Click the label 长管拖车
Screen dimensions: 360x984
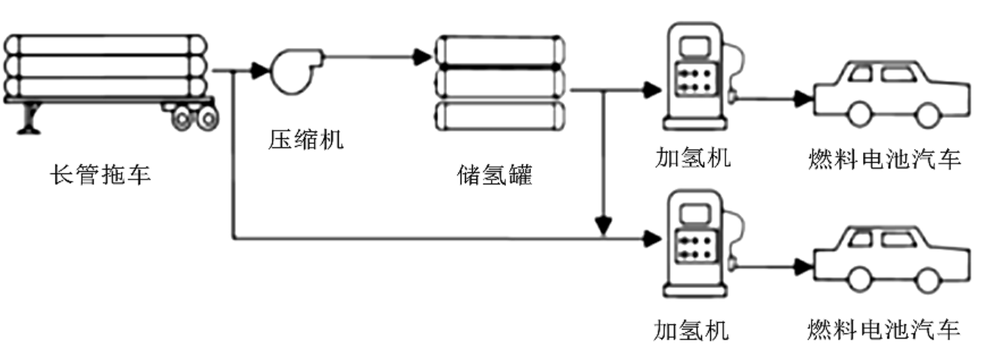100,176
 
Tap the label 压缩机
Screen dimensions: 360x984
306,139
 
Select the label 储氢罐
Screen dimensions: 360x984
495,176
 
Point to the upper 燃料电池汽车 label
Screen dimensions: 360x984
883,160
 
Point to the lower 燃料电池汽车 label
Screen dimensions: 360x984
883,330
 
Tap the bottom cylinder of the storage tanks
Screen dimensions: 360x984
500,115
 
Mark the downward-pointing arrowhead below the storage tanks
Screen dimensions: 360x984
603,225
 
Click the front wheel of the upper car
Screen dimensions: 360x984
858,114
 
